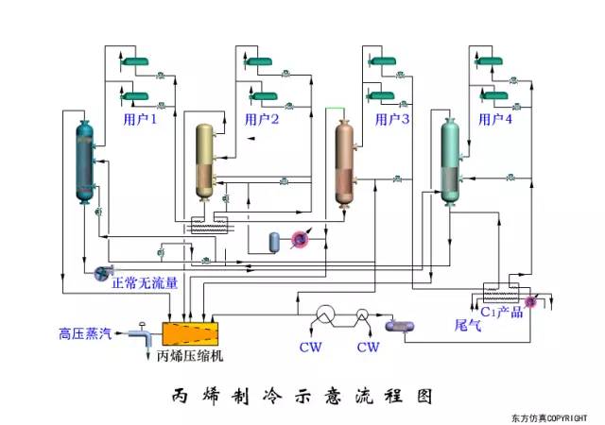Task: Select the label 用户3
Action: (x=392, y=120)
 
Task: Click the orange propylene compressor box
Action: (x=190, y=332)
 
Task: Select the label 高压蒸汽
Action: (x=84, y=332)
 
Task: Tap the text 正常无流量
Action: (x=145, y=282)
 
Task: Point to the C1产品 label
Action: (x=501, y=312)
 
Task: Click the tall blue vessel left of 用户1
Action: (x=86, y=161)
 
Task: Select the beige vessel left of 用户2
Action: (x=205, y=161)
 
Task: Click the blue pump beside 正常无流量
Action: (x=98, y=274)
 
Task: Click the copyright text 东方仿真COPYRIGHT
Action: (x=549, y=416)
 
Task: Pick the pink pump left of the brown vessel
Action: (x=300, y=241)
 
